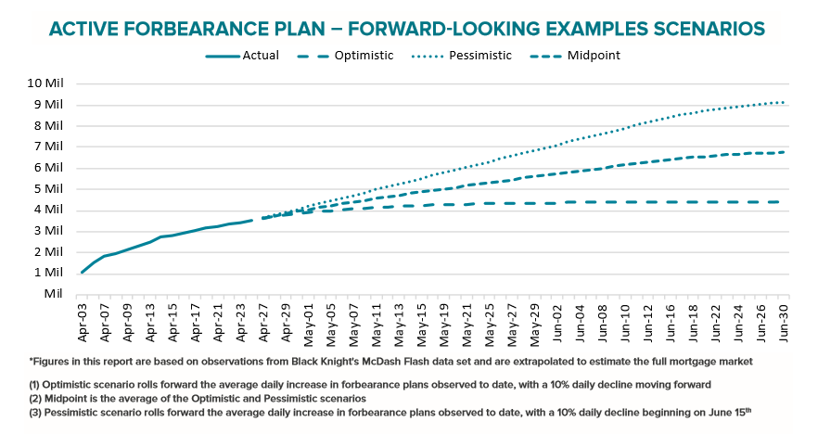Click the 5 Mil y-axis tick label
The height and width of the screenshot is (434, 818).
point(49,188)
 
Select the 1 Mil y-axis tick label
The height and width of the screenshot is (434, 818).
point(49,273)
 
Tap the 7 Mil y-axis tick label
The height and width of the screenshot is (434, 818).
point(49,146)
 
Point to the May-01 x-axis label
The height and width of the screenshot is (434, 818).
point(309,321)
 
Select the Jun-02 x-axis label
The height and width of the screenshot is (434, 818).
point(559,321)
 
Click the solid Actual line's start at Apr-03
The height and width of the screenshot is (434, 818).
point(82,273)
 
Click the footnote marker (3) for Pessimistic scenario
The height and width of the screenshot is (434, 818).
point(37,411)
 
